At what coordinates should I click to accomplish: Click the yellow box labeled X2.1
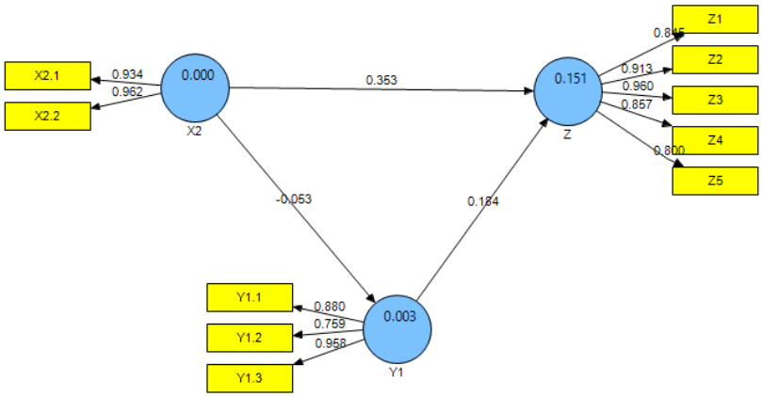click(47, 74)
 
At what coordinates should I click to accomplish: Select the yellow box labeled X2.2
click(47, 115)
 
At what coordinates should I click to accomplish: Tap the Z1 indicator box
click(715, 19)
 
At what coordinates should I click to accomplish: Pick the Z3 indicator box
click(715, 100)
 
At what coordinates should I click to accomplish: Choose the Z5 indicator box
click(715, 181)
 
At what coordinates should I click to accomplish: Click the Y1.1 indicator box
click(249, 298)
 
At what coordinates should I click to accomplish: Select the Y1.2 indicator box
click(249, 337)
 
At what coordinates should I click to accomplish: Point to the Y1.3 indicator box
click(249, 377)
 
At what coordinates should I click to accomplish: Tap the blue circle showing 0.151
click(568, 91)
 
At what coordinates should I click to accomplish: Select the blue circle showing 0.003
click(397, 328)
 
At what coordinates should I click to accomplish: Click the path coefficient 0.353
click(382, 81)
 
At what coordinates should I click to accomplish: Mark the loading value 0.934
click(127, 74)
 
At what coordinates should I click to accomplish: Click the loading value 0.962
click(127, 92)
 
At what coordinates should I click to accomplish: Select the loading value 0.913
click(637, 69)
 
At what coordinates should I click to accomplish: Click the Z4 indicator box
click(715, 140)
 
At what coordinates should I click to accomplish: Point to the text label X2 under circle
click(194, 131)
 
